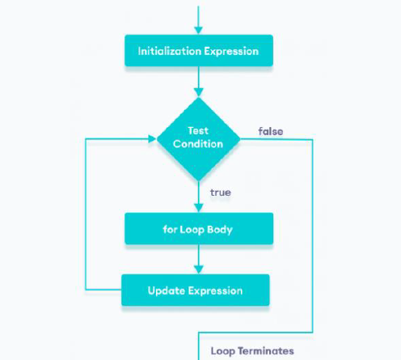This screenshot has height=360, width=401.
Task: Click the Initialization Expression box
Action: pos(199,51)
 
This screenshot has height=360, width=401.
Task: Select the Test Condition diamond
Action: pos(199,139)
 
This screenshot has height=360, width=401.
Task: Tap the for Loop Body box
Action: pos(199,229)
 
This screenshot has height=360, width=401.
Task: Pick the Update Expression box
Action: pos(196,290)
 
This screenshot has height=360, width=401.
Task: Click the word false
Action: pos(271,132)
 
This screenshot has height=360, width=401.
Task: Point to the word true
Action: pos(221,193)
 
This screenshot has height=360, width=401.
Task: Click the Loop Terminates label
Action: pos(252,351)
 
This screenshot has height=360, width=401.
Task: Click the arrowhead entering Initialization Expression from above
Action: pos(199,31)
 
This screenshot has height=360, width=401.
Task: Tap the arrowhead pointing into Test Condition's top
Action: pos(199,92)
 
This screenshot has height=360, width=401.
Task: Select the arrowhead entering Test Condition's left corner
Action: pos(153,139)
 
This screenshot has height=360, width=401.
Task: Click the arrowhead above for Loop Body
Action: pos(199,208)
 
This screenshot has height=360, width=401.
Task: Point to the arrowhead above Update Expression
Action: pos(199,269)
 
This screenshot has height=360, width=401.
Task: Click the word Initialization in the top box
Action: pos(170,51)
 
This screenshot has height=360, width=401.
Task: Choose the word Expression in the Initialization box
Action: pos(231,52)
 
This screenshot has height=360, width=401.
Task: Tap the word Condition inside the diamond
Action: pos(198,144)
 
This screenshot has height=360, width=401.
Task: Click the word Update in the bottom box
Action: pos(167,291)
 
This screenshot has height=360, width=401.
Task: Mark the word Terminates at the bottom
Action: pos(266,351)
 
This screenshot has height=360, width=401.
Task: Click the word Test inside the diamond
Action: pos(198,131)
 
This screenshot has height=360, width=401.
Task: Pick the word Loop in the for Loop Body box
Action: pos(192,230)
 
